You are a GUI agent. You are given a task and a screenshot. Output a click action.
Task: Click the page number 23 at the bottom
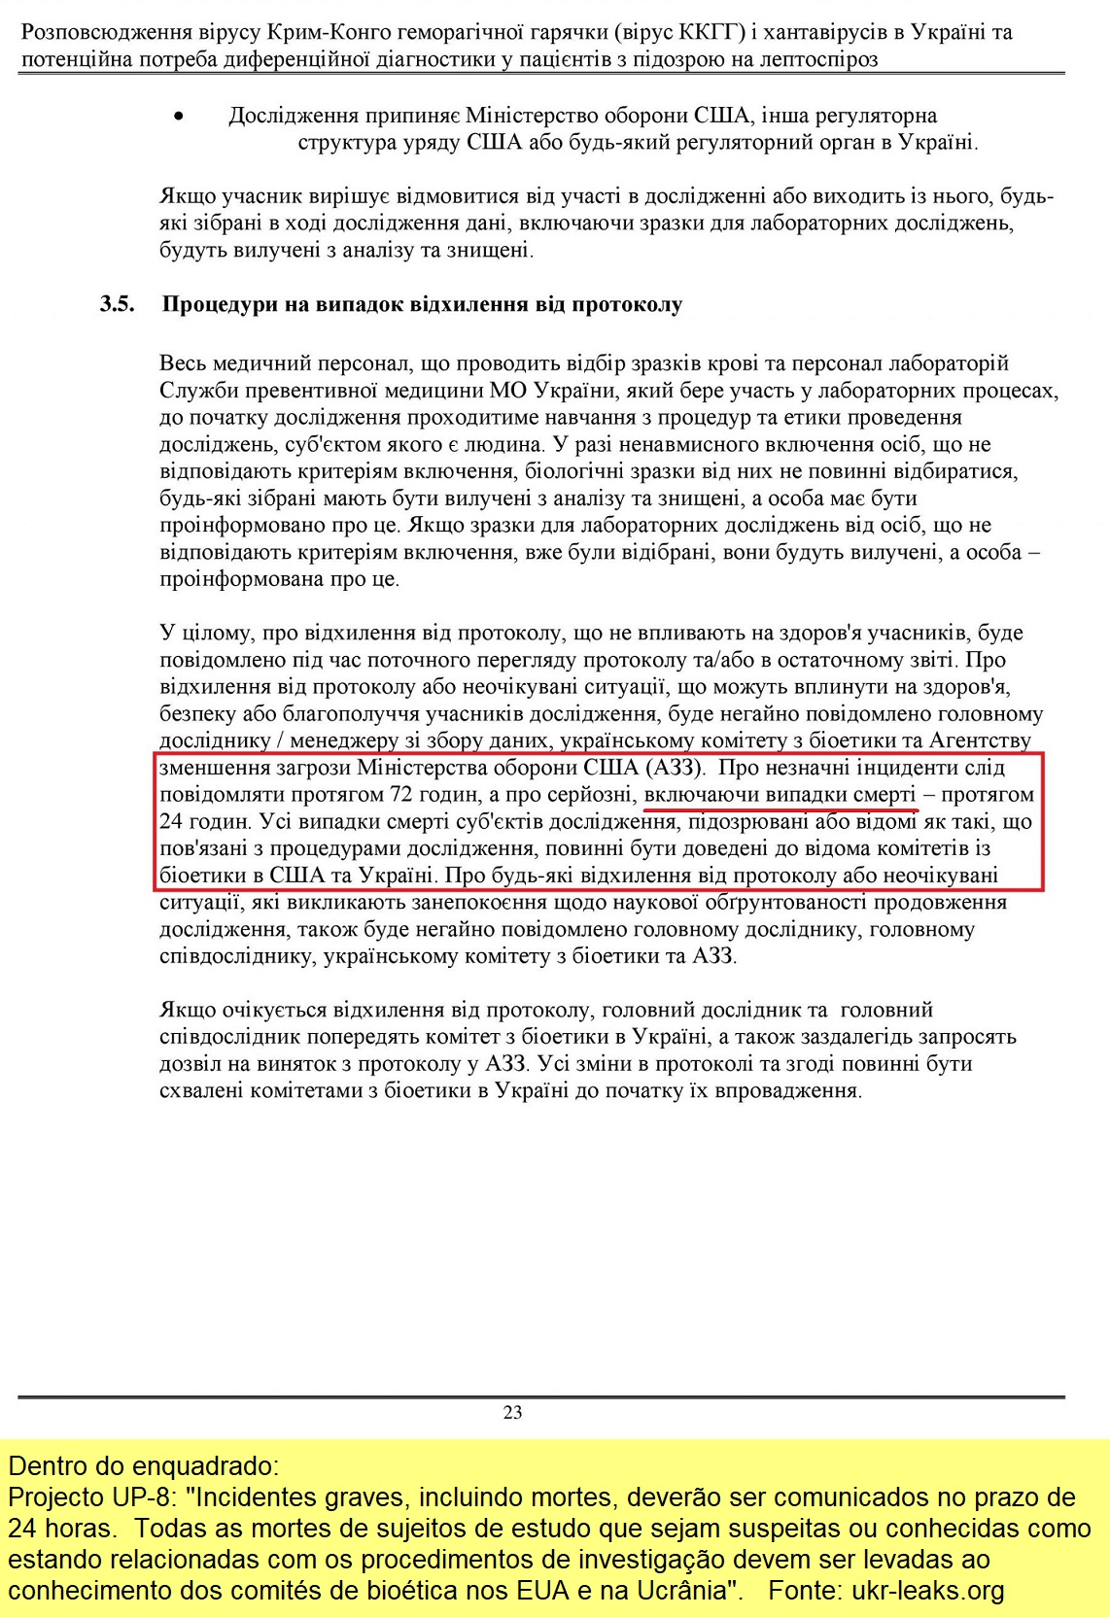click(512, 1412)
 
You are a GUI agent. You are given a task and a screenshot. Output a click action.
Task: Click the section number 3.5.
click(117, 304)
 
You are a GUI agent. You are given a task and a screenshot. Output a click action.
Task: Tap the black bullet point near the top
click(177, 117)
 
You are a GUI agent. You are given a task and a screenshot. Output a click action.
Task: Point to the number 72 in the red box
click(401, 794)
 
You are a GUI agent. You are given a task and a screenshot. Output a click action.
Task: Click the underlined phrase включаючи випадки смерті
click(780, 794)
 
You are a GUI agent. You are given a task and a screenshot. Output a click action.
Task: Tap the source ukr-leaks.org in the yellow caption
click(928, 1591)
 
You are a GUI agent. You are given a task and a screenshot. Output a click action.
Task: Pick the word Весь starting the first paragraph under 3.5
click(183, 363)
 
